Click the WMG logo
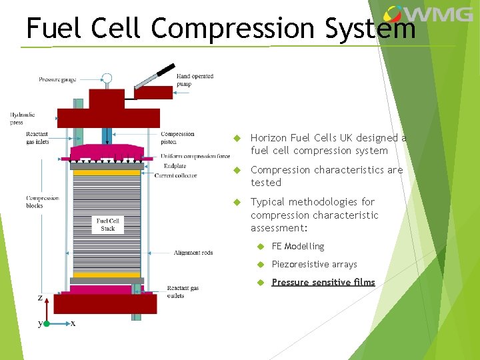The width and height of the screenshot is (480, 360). [428, 14]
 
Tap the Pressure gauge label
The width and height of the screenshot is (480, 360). [57, 80]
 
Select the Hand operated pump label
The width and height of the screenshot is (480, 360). [195, 80]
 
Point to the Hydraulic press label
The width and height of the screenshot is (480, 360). [22, 119]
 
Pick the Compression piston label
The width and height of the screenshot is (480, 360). [178, 138]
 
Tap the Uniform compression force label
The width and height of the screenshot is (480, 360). [195, 157]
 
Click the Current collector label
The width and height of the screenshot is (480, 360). [175, 175]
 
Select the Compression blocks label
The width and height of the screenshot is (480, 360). [42, 202]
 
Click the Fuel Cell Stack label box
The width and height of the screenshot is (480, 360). [108, 225]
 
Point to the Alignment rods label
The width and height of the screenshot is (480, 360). [193, 253]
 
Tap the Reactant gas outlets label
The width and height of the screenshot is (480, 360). [183, 292]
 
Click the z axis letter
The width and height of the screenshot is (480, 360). [40, 297]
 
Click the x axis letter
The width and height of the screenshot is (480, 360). [73, 323]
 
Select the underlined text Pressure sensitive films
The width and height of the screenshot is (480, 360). [323, 283]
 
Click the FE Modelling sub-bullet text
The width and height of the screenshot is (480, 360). [298, 247]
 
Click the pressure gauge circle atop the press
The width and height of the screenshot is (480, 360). [107, 79]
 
